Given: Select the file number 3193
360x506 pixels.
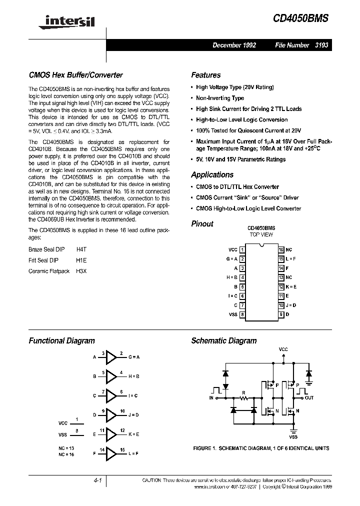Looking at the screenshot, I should point(322,45).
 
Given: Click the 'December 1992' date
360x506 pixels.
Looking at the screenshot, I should point(234,45).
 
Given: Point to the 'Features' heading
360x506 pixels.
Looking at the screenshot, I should point(205,75).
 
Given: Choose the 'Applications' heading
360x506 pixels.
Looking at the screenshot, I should point(212,174).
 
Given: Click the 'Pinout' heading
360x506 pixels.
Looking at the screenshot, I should point(202,223).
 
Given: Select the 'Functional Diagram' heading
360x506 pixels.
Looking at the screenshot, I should point(61,340).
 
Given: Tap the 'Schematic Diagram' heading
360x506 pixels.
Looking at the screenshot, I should point(223,340).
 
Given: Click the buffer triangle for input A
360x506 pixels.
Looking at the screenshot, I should point(110,357).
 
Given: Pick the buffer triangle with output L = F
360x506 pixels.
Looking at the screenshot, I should point(110,453).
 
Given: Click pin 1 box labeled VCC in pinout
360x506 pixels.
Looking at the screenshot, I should point(242,249).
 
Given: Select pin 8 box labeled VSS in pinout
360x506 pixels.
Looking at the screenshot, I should point(242,314).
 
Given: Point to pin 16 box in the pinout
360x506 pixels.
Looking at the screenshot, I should point(281,249).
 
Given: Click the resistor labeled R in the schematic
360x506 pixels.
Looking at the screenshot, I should point(243,398).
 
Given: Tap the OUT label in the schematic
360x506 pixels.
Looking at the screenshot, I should point(309,398).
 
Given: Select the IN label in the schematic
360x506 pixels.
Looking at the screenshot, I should point(211,398).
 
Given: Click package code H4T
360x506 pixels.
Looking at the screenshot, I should point(81,248).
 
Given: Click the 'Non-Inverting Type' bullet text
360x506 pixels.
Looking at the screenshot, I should point(220,98).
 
